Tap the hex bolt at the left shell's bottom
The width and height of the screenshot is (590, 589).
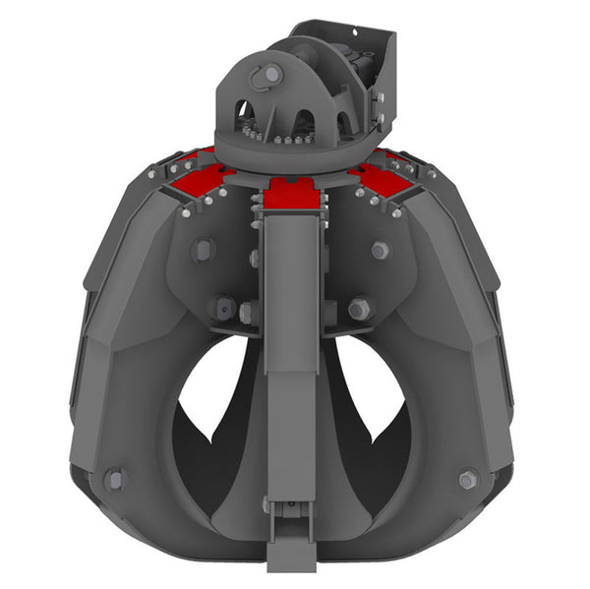tap(116, 480)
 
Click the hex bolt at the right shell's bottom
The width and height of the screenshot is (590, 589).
tap(468, 480)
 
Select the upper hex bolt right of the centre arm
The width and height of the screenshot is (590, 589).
tap(380, 250)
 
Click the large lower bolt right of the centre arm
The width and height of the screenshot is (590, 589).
tap(358, 309)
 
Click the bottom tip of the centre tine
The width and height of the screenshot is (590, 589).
tap(292, 560)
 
